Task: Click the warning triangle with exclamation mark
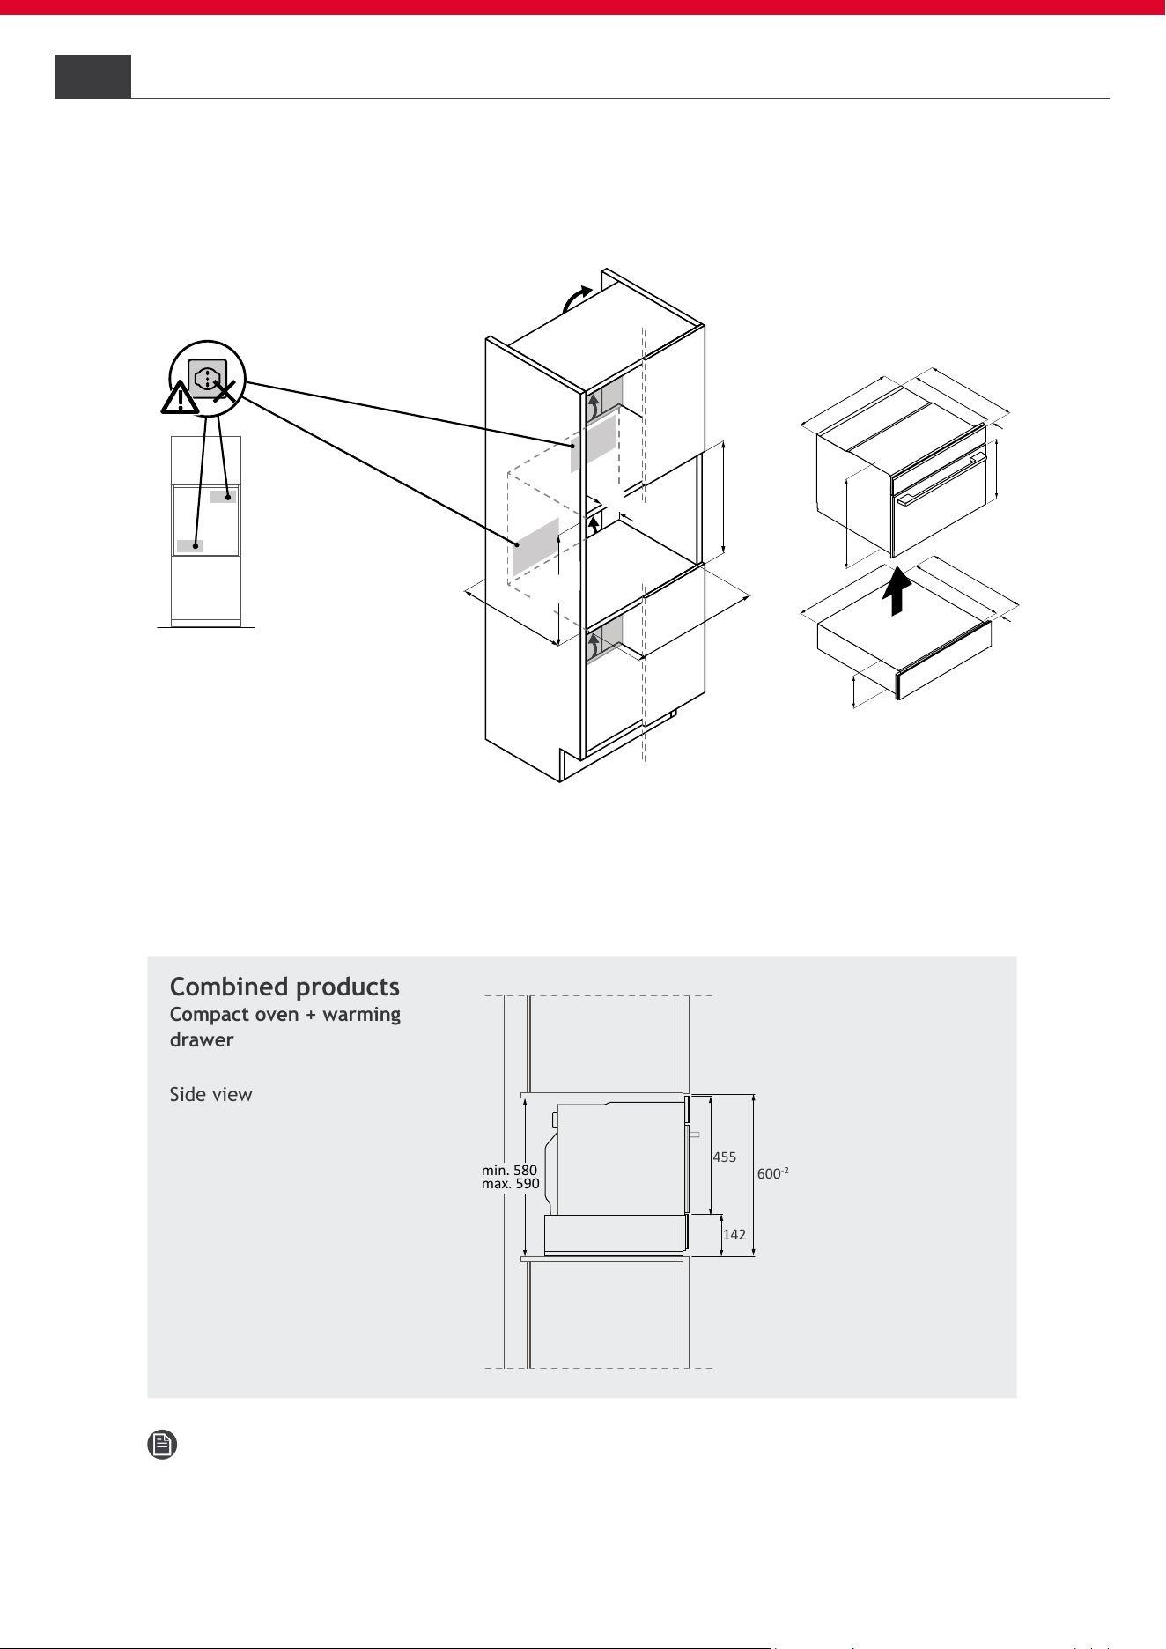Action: pos(180,398)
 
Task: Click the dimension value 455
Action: pos(725,1157)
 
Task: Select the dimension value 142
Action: pos(734,1235)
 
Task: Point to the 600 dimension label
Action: pos(772,1172)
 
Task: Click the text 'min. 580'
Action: pos(509,1171)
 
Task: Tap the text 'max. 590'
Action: pos(511,1184)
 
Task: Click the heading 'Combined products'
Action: pos(284,987)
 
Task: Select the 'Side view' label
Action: pos(210,1094)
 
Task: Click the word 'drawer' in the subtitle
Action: pos(202,1039)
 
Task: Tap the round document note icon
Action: pos(162,1445)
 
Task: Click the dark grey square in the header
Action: pos(93,77)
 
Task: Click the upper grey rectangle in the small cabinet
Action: pos(223,497)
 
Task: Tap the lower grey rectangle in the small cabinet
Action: pos(190,546)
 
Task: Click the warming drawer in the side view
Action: pos(616,1234)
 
